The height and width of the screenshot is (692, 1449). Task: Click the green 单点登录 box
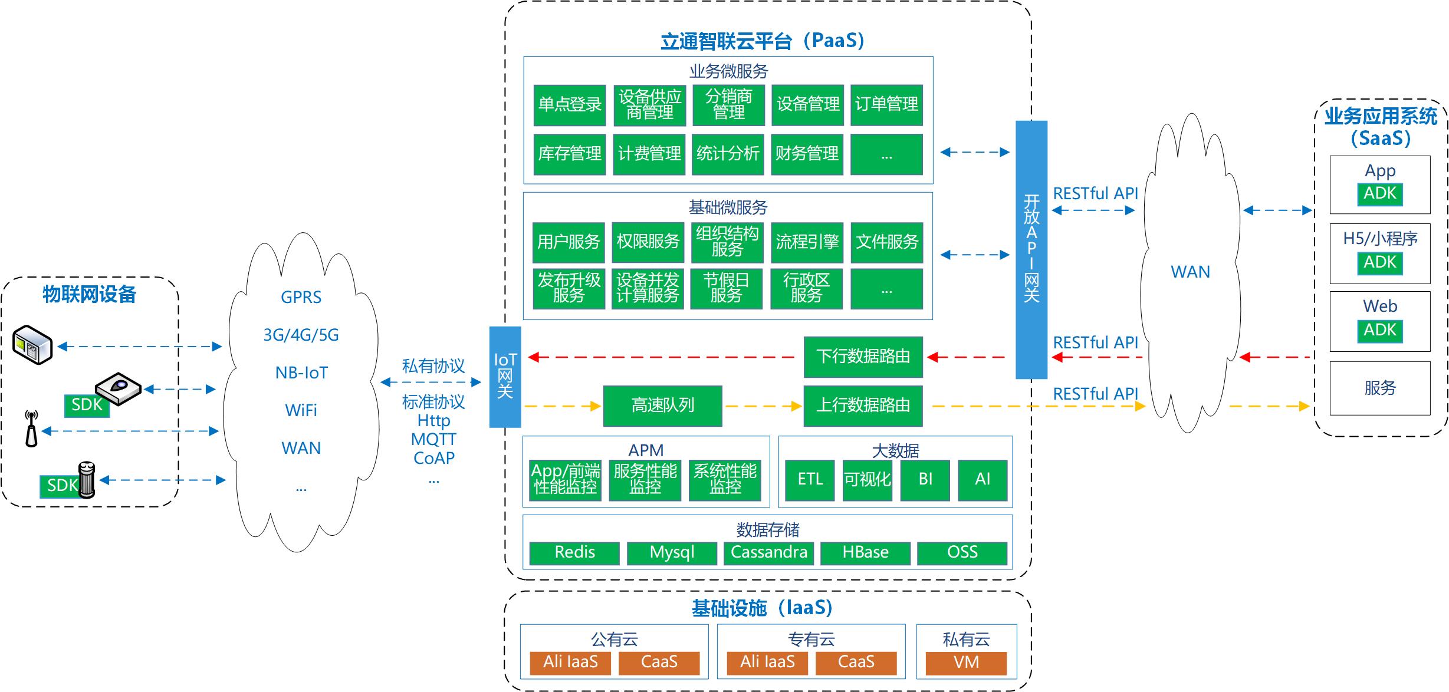(x=570, y=105)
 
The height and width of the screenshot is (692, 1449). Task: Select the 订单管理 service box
(x=886, y=105)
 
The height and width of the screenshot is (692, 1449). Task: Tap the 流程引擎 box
(x=807, y=242)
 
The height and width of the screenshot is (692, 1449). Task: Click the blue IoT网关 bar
(x=505, y=377)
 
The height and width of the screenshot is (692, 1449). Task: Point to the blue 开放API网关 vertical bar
(x=1031, y=249)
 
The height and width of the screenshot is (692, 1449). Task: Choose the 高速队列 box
(x=662, y=406)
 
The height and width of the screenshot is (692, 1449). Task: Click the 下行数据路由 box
(x=863, y=357)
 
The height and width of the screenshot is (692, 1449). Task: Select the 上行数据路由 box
(x=863, y=406)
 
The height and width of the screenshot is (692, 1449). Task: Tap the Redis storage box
(x=574, y=553)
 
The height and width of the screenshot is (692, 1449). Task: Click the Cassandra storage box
(x=768, y=553)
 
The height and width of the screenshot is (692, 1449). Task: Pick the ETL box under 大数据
(x=810, y=480)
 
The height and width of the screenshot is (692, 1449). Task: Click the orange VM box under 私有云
(x=966, y=663)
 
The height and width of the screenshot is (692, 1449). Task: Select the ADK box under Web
(x=1380, y=331)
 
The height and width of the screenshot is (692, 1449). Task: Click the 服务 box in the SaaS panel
(x=1380, y=388)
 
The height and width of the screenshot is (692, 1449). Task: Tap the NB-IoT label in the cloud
(x=301, y=373)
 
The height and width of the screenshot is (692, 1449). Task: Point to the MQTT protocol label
(x=434, y=439)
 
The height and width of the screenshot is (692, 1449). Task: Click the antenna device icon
(x=31, y=429)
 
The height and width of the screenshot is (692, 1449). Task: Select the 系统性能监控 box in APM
(x=725, y=480)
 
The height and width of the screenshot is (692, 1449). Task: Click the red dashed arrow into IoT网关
(x=662, y=357)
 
